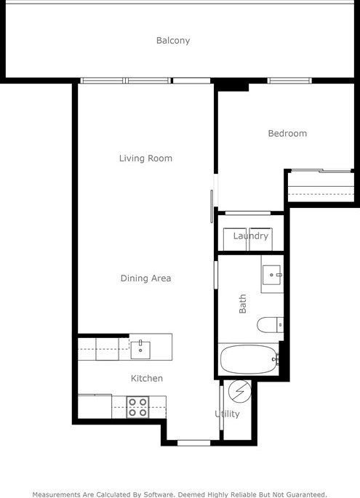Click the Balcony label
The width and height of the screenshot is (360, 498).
coord(173,41)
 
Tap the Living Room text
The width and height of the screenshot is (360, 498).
coord(145,158)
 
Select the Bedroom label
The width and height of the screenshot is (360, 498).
coord(287,134)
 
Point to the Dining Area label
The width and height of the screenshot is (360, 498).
coord(145,278)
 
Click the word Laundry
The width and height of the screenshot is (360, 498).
coord(251,236)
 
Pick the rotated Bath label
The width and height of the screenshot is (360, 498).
coord(243,303)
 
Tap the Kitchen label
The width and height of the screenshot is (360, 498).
coord(146,379)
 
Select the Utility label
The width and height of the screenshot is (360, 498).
coord(227,414)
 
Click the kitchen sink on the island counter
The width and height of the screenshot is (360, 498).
coord(140,348)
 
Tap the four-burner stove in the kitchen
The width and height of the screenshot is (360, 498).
coord(137,407)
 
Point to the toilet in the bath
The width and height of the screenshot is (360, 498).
coord(271,324)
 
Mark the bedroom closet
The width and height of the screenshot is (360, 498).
coord(320,185)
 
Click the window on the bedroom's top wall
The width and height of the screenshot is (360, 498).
coord(289,80)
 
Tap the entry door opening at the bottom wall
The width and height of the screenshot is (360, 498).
coord(194,442)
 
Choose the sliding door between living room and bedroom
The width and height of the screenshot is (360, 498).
coord(212,200)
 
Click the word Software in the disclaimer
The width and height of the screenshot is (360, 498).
coord(153,494)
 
